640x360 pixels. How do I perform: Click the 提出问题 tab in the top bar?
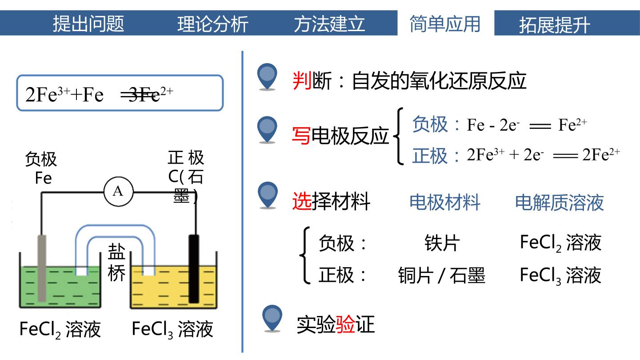pos(88,24)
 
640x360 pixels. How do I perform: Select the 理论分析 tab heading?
pos(213,24)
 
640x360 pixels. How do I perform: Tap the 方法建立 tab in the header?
pos(329,24)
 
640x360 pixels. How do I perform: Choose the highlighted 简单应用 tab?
pos(445,24)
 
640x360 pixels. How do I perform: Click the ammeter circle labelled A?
pos(118,192)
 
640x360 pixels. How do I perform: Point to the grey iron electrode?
pos(42,268)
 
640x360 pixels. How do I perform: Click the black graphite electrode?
pos(194,268)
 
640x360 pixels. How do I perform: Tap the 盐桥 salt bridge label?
pos(116,262)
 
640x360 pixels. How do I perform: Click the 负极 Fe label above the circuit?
pos(41,168)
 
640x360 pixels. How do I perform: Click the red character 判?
pos(302,80)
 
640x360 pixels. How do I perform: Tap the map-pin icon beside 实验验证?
pos(272,318)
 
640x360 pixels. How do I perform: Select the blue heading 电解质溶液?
pos(560,203)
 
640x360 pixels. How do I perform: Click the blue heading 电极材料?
pos(445,203)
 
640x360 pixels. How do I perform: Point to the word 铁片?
pos(442,243)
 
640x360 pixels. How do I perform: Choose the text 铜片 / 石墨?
pos(442,276)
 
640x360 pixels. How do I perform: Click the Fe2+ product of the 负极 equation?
pos(572,124)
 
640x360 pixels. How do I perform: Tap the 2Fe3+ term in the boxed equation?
pos(48,95)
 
